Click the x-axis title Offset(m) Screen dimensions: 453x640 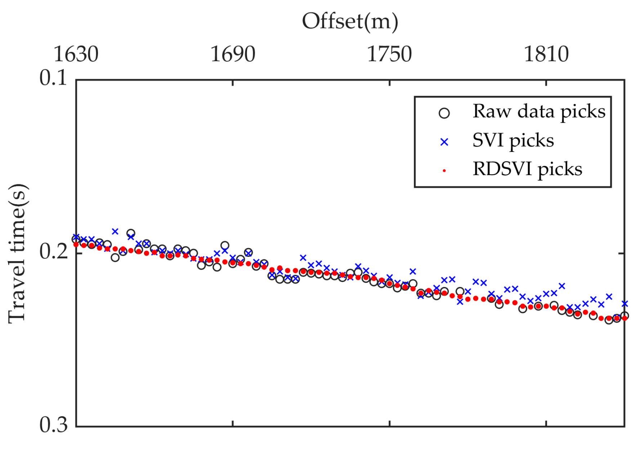point(350,22)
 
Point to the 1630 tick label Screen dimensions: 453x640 point(76,54)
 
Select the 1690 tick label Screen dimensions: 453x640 point(233,54)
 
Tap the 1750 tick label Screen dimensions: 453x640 point(389,54)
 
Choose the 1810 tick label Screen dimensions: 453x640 point(546,54)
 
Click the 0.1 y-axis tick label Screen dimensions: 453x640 point(53,78)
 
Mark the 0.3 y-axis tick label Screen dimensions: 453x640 point(53,425)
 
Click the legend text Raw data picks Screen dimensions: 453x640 point(539,111)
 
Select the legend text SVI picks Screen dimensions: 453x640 point(513,140)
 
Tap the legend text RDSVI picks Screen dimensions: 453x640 point(527,169)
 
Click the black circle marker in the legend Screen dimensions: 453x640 point(444,113)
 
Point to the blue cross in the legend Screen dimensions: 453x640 point(444,142)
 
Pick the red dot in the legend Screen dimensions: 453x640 point(444,171)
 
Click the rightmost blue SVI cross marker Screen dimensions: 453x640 point(625,304)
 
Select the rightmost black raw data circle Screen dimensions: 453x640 point(625,316)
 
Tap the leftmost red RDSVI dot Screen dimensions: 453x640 point(76,245)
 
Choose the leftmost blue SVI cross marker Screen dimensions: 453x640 point(76,237)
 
